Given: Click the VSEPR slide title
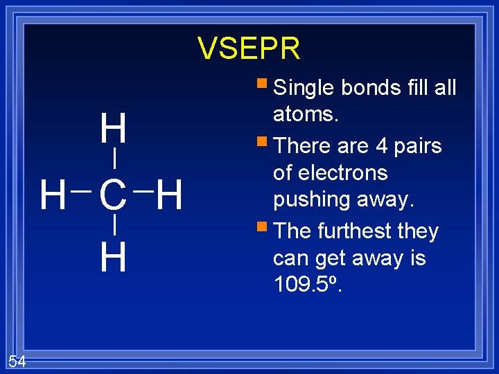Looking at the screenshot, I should point(249,48).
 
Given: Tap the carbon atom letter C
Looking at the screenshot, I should point(113,195).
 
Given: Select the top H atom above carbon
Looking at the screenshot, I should point(113,130).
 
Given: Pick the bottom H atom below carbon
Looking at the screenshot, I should point(113,257).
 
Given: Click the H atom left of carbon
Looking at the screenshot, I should point(52,195).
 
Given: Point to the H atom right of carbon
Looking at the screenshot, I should point(169,195).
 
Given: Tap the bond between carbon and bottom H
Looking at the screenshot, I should point(113,225).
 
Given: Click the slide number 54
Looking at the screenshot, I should point(17,360).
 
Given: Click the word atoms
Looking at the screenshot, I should point(306,114).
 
